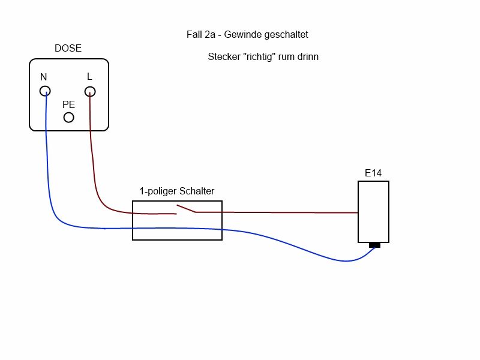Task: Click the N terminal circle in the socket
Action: tap(45, 91)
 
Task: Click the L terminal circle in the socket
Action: tap(89, 91)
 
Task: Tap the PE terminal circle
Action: tap(69, 117)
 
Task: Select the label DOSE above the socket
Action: tap(68, 49)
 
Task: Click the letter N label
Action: tap(43, 77)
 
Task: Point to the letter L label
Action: tap(89, 76)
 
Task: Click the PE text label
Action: tap(69, 104)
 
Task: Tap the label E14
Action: tap(373, 173)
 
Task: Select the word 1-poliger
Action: tap(158, 192)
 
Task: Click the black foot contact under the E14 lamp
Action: tap(375, 245)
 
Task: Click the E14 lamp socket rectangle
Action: tap(373, 212)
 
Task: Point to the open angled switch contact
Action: tap(185, 209)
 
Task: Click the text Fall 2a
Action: tap(201, 35)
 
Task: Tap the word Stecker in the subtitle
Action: tap(224, 58)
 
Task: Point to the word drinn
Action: tap(307, 58)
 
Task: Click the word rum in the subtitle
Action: tap(288, 58)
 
